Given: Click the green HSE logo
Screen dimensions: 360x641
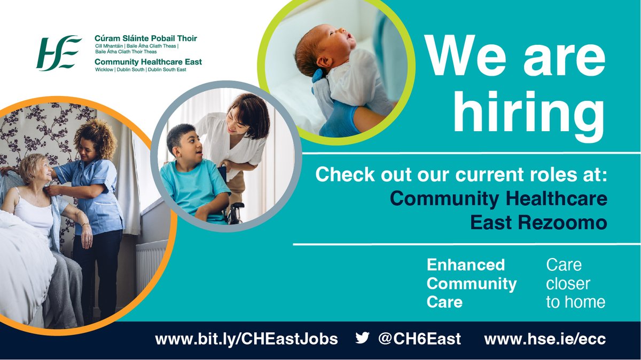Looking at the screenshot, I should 59,53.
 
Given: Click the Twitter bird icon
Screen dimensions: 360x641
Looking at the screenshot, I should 362,338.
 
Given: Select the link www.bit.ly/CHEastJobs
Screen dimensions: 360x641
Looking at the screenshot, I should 246,339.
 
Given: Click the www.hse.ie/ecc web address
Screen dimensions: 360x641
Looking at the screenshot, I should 545,339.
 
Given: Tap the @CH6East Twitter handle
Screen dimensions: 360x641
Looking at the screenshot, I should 419,339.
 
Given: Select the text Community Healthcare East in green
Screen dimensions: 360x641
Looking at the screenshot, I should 147,62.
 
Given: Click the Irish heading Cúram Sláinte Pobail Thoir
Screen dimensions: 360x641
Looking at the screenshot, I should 145,38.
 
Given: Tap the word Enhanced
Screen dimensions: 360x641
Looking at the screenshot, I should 465,265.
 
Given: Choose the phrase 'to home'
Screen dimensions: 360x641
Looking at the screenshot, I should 575,302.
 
